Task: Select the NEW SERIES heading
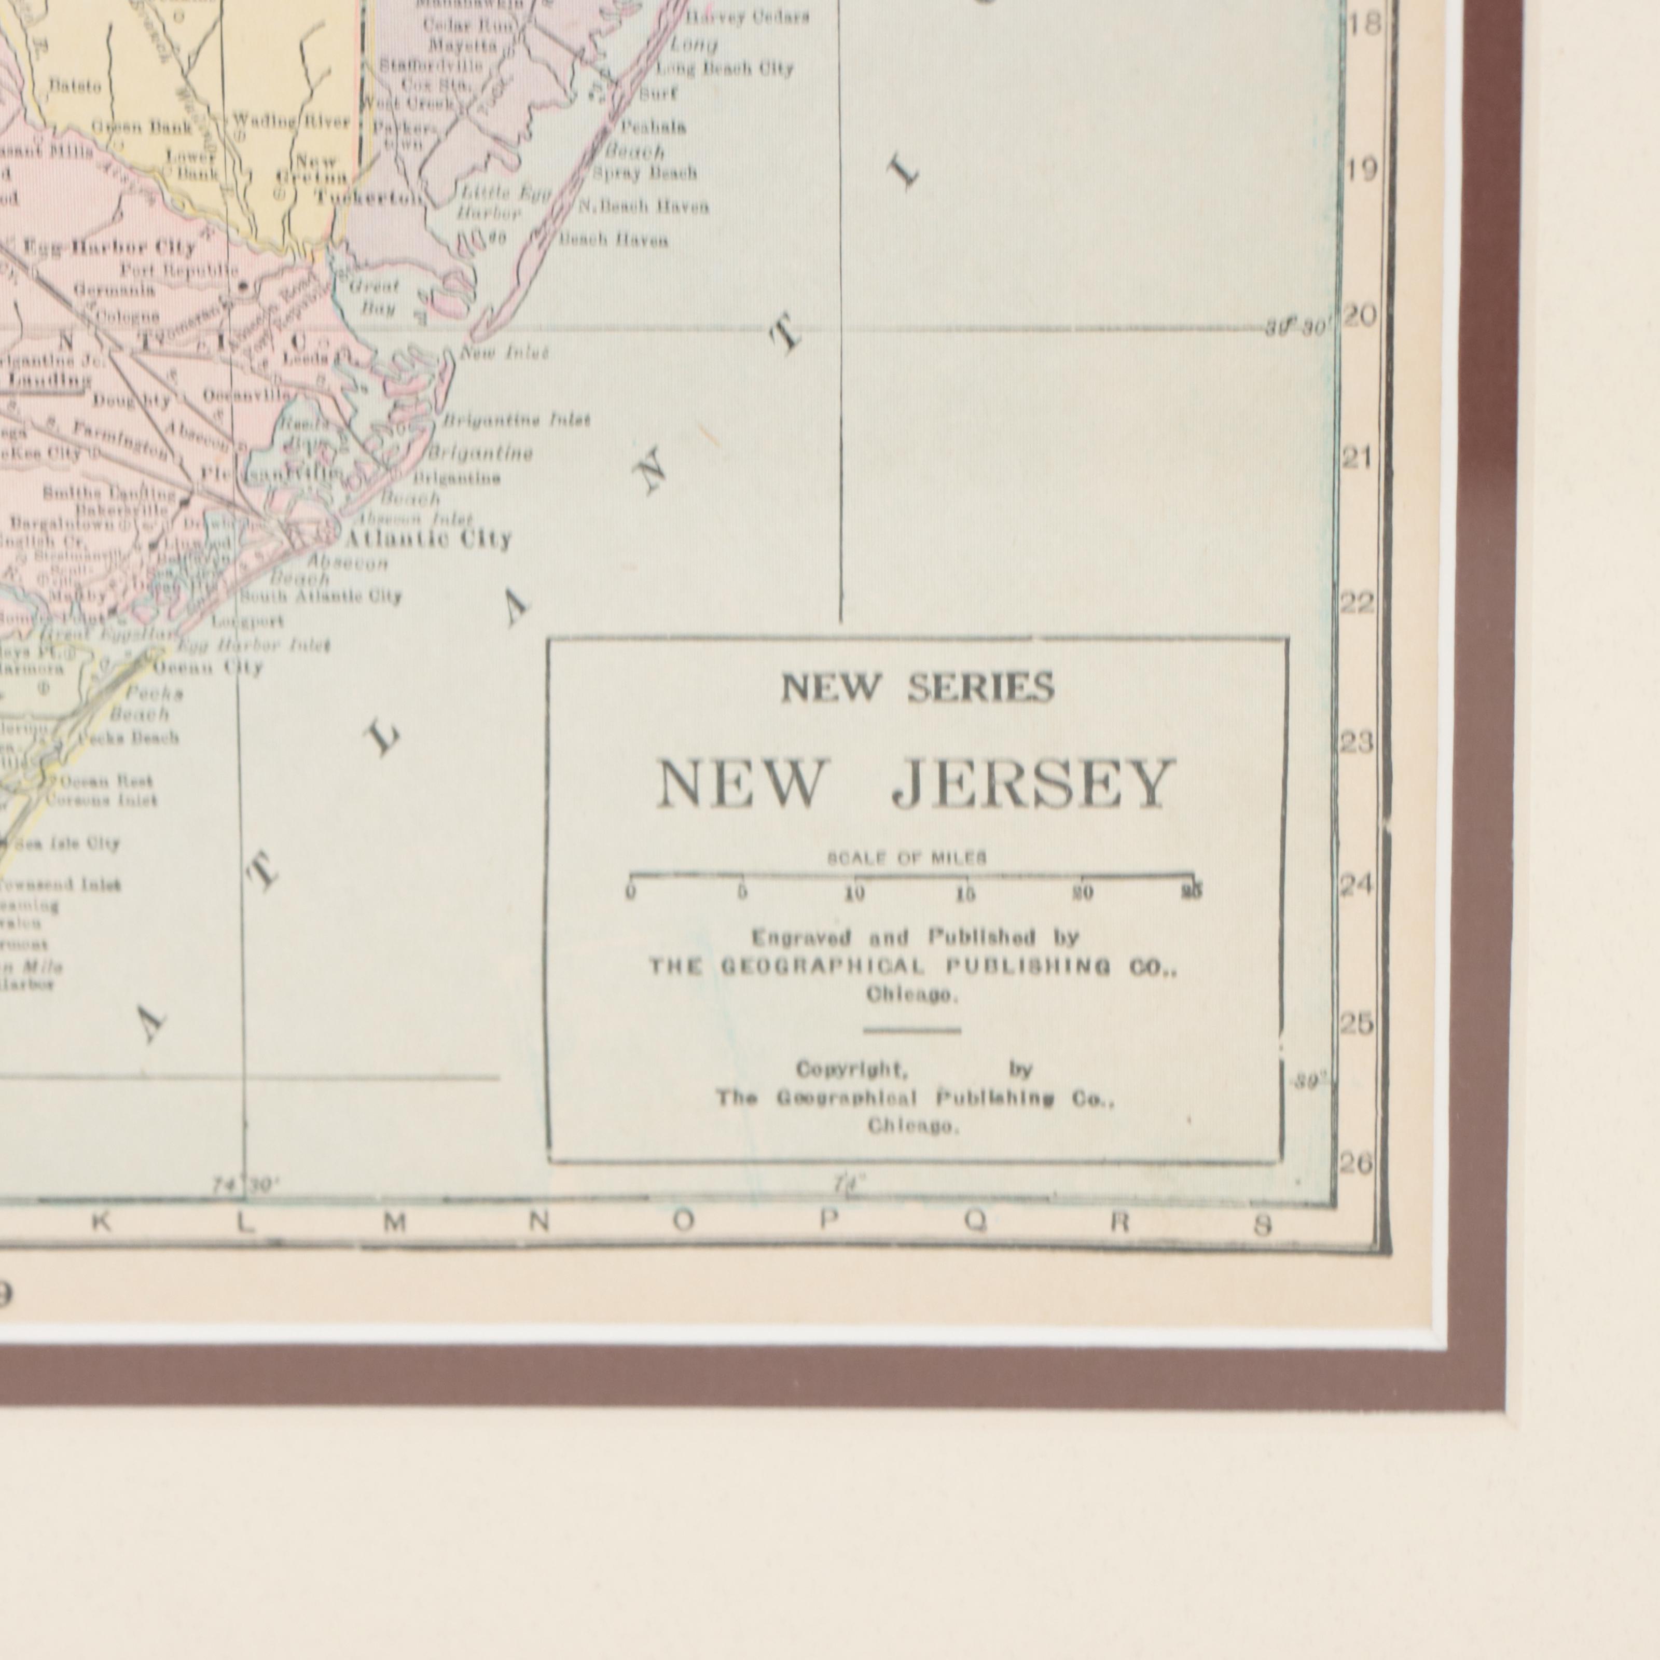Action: click(x=917, y=687)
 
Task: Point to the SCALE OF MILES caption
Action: click(x=906, y=857)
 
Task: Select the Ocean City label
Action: click(x=207, y=668)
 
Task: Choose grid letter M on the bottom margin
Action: click(x=394, y=1224)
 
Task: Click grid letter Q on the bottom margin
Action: click(x=974, y=1224)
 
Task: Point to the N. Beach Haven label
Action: click(x=643, y=207)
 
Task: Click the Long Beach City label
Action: click(x=724, y=69)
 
